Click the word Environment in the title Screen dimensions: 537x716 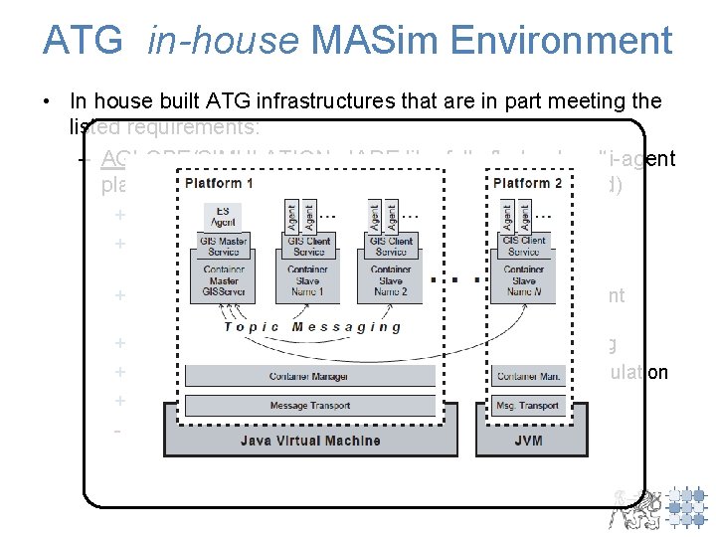(x=561, y=41)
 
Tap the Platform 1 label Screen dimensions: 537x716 (x=218, y=183)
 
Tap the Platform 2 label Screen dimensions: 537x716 (x=527, y=183)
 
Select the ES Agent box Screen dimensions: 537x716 (x=222, y=218)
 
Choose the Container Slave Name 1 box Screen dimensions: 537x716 (x=308, y=280)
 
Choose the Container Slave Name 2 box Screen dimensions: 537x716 (x=390, y=280)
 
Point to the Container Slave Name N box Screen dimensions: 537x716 (x=524, y=280)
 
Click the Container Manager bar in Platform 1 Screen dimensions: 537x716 (x=309, y=376)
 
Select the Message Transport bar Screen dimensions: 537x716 (x=309, y=405)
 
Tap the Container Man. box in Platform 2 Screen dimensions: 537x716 (x=528, y=376)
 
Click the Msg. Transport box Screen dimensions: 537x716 (x=528, y=405)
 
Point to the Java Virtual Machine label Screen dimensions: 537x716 (x=309, y=439)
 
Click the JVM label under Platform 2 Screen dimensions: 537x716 (x=529, y=439)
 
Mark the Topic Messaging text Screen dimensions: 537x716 (x=312, y=326)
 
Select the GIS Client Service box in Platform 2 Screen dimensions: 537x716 (x=524, y=246)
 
